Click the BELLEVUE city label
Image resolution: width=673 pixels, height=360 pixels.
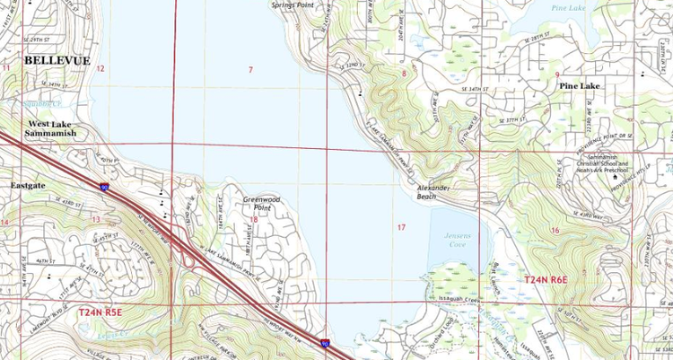tap(57, 60)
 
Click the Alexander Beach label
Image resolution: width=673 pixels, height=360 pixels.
tap(438, 192)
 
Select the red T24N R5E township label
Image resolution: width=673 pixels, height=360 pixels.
tap(100, 313)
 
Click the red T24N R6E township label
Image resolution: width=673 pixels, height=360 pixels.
tap(547, 281)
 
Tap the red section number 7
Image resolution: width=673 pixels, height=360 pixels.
tap(251, 69)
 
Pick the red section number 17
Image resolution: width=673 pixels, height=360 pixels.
tap(401, 228)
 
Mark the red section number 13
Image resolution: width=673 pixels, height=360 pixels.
tap(97, 219)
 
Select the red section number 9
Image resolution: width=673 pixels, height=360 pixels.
tap(557, 75)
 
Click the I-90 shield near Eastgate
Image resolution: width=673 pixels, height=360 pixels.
tap(104, 187)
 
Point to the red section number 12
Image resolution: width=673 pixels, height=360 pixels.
tap(101, 69)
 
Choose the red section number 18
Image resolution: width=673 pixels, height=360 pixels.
tap(255, 219)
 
